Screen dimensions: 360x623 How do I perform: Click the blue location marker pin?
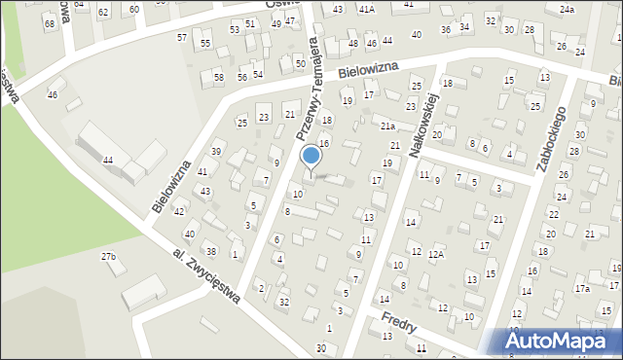tap(311, 155)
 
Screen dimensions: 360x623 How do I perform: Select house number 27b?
tap(109, 257)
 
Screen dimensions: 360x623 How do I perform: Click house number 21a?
tap(386, 126)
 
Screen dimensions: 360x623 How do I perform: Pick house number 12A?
tap(437, 254)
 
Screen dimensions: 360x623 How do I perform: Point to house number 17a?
tap(582, 289)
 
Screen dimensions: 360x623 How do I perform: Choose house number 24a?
tap(567, 9)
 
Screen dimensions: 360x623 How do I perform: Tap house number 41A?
tap(366, 9)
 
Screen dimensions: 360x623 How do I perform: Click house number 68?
tap(50, 22)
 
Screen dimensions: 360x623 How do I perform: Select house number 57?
tap(182, 37)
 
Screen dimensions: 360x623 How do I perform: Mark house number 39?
tap(217, 152)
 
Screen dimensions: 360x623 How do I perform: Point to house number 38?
tap(210, 251)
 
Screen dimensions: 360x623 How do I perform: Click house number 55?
tap(205, 44)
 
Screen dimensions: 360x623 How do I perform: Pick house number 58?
tap(218, 77)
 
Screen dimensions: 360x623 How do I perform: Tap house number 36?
tap(446, 30)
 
